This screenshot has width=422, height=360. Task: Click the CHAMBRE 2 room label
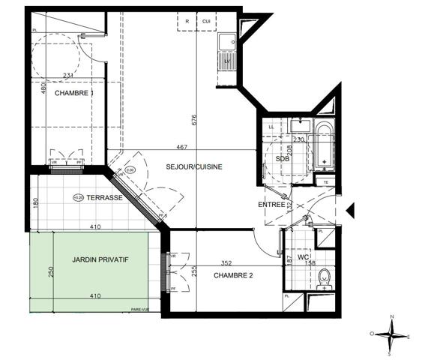click(x=232, y=275)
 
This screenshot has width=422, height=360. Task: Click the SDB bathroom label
click(x=283, y=159)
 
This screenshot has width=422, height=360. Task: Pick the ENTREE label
click(x=271, y=205)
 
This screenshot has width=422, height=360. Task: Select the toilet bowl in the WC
click(x=325, y=276)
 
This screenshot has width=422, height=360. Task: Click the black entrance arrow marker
click(x=351, y=211)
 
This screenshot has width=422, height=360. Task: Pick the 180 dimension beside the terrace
click(x=34, y=203)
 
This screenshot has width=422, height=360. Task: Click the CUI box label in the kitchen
click(x=206, y=21)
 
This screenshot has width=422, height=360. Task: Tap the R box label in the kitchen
click(x=187, y=21)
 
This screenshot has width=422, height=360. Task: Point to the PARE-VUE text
click(x=139, y=308)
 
